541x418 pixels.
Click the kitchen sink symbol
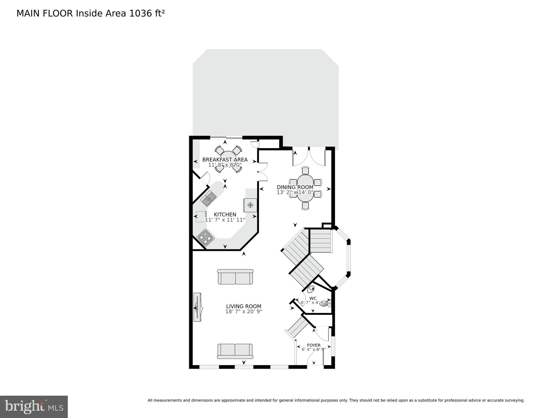[209, 199]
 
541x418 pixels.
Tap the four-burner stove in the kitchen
[205, 238]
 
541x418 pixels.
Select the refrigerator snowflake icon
[250, 205]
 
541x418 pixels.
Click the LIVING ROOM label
[244, 306]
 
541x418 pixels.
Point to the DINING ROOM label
[295, 187]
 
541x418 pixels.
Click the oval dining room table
[305, 188]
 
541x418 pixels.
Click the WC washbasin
[310, 289]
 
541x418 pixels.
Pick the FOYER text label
[314, 345]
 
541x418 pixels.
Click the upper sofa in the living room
[235, 277]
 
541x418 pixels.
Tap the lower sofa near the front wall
[235, 351]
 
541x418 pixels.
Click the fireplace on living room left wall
[197, 307]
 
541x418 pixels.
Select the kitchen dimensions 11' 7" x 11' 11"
[225, 220]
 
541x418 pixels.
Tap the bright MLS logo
[34, 407]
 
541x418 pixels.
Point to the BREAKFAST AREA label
[225, 160]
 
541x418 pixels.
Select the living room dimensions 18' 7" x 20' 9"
[244, 312]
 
